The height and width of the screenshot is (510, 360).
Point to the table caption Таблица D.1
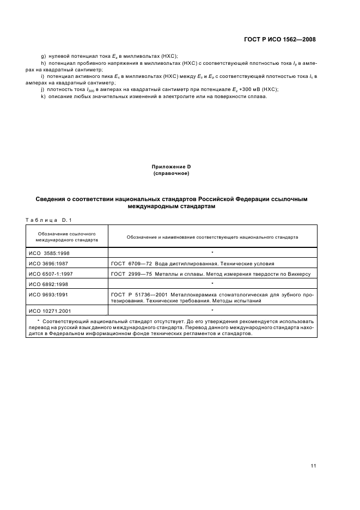coord(45,219)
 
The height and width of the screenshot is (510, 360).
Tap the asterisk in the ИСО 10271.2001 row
coord(212,309)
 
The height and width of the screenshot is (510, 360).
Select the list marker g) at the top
coord(44,57)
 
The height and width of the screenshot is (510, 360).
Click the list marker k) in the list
coord(43,96)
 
